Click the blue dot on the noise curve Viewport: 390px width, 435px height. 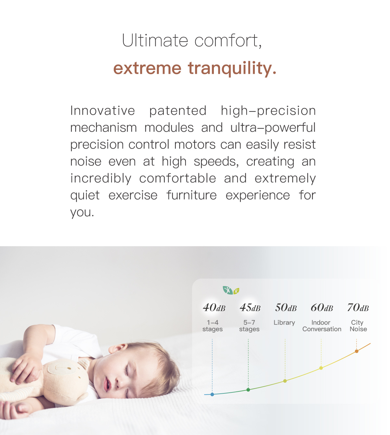click(x=212, y=394)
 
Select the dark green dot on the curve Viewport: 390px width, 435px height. click(x=248, y=389)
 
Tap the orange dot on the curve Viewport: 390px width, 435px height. click(x=357, y=351)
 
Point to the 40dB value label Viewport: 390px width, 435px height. click(x=214, y=307)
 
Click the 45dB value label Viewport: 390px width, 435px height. click(x=250, y=307)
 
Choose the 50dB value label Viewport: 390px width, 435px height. click(x=286, y=307)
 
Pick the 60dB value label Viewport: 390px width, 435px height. click(x=322, y=307)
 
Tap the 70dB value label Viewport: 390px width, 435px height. click(x=358, y=307)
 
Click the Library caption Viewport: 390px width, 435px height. click(x=284, y=323)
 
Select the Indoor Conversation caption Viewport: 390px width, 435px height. click(x=322, y=326)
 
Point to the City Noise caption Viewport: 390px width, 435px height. click(x=358, y=326)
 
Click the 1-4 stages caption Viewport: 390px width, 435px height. click(x=213, y=326)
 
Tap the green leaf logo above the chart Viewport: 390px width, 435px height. click(x=231, y=290)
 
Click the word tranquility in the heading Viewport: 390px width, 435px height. click(x=232, y=69)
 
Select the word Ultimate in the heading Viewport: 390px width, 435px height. click(x=155, y=40)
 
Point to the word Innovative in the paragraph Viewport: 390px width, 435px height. click(x=103, y=111)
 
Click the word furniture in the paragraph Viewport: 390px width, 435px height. click(x=191, y=195)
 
